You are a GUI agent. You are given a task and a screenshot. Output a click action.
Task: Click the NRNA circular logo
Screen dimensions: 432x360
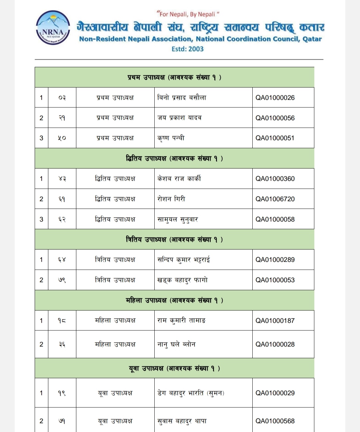point(53,31)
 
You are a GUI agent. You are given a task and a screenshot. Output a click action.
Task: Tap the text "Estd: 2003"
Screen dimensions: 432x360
point(187,49)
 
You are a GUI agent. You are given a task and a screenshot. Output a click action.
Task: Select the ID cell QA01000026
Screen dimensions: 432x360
point(275,98)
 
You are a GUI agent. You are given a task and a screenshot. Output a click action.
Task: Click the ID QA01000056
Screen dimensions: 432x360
point(275,118)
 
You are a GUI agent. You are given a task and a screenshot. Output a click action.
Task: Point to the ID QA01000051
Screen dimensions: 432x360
point(275,138)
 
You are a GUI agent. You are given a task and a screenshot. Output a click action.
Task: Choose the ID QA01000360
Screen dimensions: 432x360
point(275,179)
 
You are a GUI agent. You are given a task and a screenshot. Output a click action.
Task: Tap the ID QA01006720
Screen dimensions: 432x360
point(275,199)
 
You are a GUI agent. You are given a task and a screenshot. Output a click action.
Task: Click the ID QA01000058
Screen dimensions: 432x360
point(275,219)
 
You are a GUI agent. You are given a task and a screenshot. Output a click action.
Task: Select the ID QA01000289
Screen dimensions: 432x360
point(275,260)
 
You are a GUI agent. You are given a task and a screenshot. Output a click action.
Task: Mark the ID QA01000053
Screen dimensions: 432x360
point(275,280)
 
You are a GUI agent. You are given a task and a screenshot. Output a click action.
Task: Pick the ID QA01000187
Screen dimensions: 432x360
point(275,321)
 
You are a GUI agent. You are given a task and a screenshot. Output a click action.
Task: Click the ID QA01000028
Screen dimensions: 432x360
point(275,344)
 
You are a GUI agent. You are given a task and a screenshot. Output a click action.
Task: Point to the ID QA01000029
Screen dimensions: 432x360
point(275,393)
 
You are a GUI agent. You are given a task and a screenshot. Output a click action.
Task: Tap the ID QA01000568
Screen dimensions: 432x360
point(275,421)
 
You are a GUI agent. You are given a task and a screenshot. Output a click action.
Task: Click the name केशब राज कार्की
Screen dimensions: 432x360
point(179,179)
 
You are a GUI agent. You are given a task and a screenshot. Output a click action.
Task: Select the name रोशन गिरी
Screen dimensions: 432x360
point(171,199)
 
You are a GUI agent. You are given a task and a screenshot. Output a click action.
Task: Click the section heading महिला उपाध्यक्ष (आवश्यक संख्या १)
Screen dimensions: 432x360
point(174,300)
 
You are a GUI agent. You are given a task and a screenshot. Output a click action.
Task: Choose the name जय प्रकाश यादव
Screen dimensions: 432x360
point(179,118)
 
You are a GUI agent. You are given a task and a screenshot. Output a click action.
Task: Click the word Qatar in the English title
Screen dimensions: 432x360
point(312,39)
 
